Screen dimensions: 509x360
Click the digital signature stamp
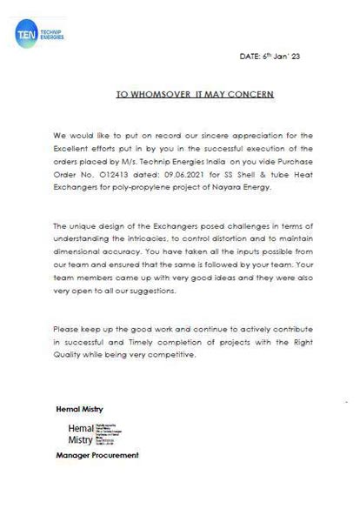pyautogui.click(x=104, y=432)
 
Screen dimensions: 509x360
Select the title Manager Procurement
pyautogui.click(x=97, y=455)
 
